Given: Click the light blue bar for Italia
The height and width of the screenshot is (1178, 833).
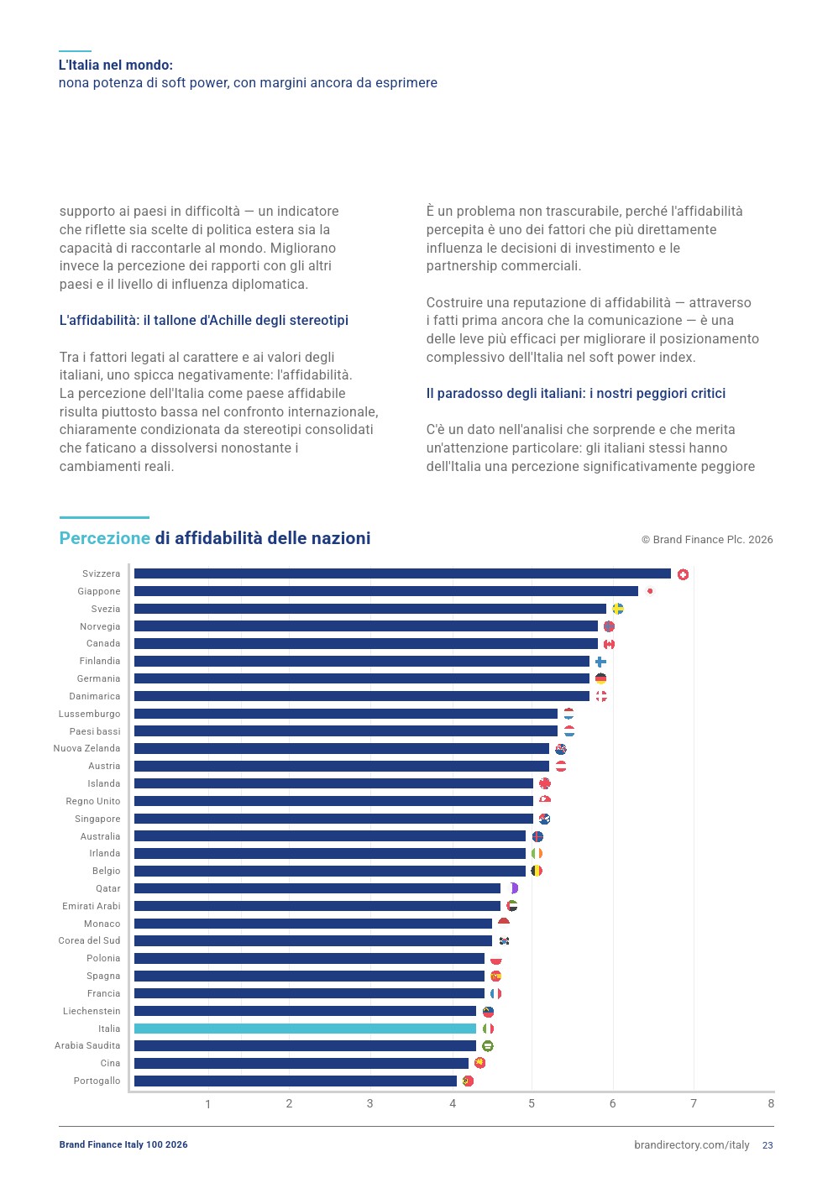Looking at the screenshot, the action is [305, 1028].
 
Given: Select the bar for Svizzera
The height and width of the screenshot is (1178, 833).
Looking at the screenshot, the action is [402, 573].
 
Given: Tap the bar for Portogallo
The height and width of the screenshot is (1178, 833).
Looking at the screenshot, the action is [296, 1081].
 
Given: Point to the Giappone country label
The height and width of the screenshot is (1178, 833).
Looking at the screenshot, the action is [99, 591].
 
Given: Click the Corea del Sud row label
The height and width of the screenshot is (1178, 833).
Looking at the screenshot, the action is [89, 940].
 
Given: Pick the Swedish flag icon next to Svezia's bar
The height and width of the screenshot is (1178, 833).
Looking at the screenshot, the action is [618, 609].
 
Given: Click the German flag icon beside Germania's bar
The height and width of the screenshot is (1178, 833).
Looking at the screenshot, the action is [600, 678].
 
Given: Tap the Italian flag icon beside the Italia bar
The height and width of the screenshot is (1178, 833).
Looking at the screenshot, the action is [488, 1028].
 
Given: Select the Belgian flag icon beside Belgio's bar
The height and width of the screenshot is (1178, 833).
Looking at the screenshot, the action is [537, 871].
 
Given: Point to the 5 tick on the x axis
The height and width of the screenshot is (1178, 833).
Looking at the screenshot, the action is [532, 1103].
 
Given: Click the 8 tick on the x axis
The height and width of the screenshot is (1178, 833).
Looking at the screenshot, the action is [771, 1103].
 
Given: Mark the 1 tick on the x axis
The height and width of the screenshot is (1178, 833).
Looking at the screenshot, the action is [208, 1104].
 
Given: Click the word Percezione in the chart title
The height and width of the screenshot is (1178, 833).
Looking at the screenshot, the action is [105, 538].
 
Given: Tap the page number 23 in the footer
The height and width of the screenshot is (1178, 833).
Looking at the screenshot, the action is [768, 1145].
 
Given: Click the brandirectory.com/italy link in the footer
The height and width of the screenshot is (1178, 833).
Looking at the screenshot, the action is [692, 1145].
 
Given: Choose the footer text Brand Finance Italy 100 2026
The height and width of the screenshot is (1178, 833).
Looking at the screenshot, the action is [123, 1144].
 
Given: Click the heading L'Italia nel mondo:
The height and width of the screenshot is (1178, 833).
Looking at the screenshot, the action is [116, 65].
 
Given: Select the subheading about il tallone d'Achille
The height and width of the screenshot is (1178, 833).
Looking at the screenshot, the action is [204, 320].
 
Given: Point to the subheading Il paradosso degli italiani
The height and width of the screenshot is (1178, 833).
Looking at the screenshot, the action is [576, 394].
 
